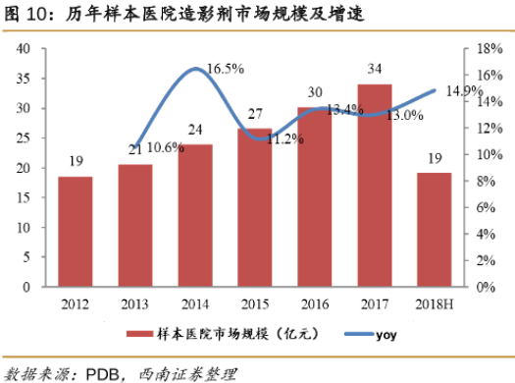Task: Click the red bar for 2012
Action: pyautogui.click(x=76, y=232)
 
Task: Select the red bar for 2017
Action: pyautogui.click(x=375, y=186)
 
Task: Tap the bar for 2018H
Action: pyautogui.click(x=435, y=230)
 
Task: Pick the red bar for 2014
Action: pyautogui.click(x=195, y=215)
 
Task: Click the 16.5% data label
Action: pyautogui.click(x=226, y=69)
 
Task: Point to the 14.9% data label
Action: pyautogui.click(x=464, y=90)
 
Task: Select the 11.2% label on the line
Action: pyautogui.click(x=285, y=139)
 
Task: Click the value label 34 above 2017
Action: pyautogui.click(x=375, y=69)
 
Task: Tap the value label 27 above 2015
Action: pyautogui.click(x=255, y=114)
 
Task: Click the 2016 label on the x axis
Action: pyautogui.click(x=315, y=304)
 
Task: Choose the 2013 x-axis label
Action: pyautogui.click(x=134, y=304)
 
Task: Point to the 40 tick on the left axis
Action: pyautogui.click(x=24, y=49)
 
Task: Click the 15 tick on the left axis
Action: pyautogui.click(x=24, y=197)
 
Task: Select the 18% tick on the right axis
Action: pyautogui.click(x=489, y=49)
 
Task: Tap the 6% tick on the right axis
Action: pyautogui.click(x=487, y=207)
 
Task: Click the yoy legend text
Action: pyautogui.click(x=386, y=335)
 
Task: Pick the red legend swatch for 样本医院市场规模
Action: pyautogui.click(x=139, y=334)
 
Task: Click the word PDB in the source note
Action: pyautogui.click(x=102, y=374)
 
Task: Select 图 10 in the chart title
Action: pyautogui.click(x=26, y=14)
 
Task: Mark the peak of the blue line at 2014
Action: pyautogui.click(x=196, y=69)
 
